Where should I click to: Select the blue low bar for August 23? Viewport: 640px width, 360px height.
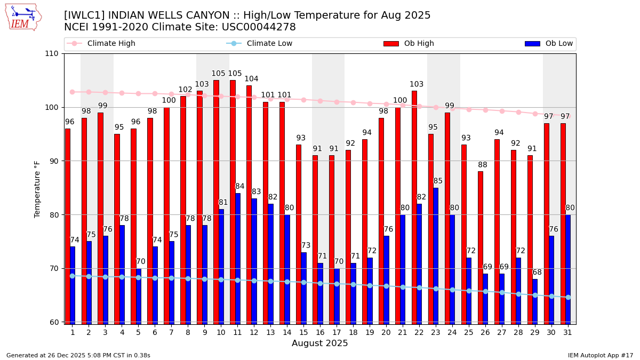point(436,255)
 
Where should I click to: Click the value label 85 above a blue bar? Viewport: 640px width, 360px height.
point(438,181)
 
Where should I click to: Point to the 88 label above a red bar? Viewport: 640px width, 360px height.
point(482,165)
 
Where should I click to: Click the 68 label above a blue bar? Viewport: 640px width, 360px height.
point(537,273)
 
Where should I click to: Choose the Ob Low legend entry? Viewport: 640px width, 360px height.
point(558,44)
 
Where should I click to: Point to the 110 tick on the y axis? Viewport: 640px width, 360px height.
point(52,54)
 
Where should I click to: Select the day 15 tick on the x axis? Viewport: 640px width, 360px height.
point(303,332)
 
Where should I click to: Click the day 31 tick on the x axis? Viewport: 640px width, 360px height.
point(567,332)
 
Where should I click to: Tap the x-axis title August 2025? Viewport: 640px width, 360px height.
point(319,343)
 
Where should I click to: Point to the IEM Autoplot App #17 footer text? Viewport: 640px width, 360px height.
point(600,355)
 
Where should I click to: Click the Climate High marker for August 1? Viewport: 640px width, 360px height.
point(72,92)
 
